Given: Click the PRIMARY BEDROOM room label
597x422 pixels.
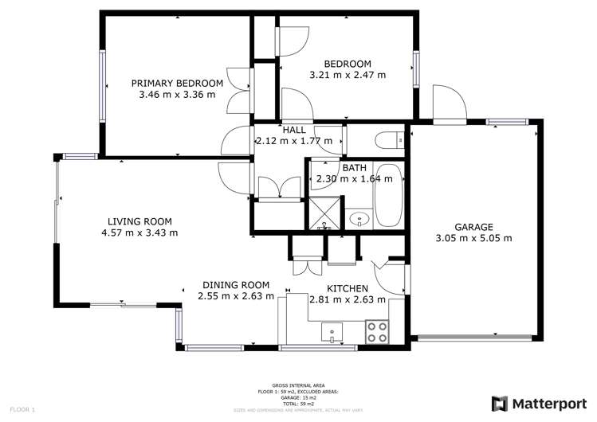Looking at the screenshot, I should click(x=177, y=83).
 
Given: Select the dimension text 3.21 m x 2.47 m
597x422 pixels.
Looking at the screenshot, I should click(x=347, y=75).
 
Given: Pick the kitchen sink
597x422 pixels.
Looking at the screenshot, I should click(x=332, y=330).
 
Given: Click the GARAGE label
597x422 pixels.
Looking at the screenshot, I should click(x=474, y=226).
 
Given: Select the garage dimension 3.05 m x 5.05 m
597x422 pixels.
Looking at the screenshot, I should click(x=473, y=237).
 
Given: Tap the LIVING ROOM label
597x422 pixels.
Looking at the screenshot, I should click(x=139, y=221).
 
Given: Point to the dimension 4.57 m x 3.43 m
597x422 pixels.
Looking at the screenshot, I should click(x=139, y=232).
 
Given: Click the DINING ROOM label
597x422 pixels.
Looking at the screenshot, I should click(x=235, y=285).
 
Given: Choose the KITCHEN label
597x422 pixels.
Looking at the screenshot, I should click(x=348, y=288).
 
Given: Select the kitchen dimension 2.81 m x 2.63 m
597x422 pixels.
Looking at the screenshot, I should click(x=348, y=299).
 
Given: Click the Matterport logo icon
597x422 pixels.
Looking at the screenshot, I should click(x=500, y=403).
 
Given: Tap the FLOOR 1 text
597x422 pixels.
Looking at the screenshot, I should click(x=22, y=409).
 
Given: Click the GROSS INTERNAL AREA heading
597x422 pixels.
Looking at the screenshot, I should click(x=297, y=383).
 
